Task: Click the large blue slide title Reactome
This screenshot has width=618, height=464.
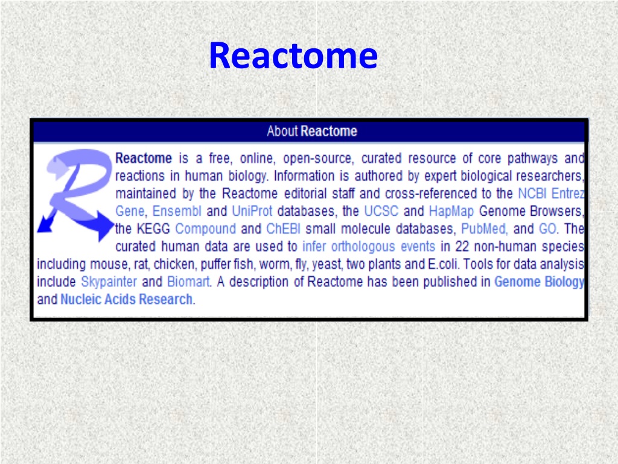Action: (x=293, y=55)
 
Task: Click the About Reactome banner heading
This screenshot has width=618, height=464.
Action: (x=312, y=131)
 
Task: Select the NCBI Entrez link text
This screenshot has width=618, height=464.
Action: (x=550, y=193)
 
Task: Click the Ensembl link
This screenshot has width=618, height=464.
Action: (x=177, y=211)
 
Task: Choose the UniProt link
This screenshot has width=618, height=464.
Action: (x=252, y=211)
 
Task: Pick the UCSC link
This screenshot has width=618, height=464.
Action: (x=381, y=211)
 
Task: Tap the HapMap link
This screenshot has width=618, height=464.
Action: (x=451, y=211)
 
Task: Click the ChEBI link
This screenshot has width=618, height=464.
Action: (x=284, y=229)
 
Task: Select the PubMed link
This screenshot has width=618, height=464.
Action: (x=483, y=229)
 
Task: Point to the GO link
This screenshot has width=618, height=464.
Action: (x=547, y=229)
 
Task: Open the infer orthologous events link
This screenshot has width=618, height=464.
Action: (x=369, y=246)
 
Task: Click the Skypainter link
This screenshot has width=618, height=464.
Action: (x=109, y=282)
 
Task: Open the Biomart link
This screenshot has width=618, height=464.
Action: (x=188, y=282)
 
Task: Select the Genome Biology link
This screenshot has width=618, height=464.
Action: (x=539, y=282)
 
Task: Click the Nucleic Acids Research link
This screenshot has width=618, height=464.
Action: (x=127, y=300)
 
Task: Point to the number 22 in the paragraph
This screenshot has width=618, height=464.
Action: (x=462, y=246)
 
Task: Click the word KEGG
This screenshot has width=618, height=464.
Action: (x=153, y=229)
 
